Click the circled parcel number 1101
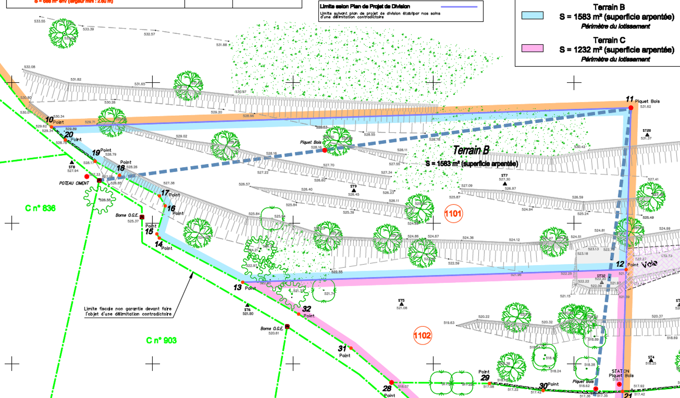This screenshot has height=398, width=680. [x=453, y=214]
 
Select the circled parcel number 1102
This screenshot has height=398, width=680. [x=422, y=336]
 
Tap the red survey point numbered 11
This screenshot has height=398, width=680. [x=631, y=108]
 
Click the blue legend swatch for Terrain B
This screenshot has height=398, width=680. [x=532, y=16]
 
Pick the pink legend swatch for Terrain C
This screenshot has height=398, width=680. [x=532, y=48]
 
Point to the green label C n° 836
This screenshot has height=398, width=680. [x=40, y=208]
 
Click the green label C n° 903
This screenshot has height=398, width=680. [x=161, y=341]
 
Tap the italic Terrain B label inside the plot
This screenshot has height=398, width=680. [x=471, y=151]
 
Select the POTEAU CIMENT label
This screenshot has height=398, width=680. [x=74, y=183]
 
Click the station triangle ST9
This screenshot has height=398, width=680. [x=354, y=190]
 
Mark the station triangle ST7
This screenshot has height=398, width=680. [x=505, y=183]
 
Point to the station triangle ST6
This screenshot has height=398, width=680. [x=247, y=305]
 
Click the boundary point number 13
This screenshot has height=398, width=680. [x=243, y=282]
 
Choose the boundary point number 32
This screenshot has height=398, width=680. [x=299, y=314]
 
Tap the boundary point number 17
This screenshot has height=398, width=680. [x=160, y=196]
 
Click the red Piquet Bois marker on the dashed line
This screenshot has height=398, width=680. [x=325, y=150]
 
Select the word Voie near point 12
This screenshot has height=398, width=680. [x=649, y=264]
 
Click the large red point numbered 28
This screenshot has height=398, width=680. [x=392, y=383]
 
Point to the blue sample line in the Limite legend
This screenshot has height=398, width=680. [x=459, y=7]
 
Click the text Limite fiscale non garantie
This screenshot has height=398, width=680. [x=128, y=309]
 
